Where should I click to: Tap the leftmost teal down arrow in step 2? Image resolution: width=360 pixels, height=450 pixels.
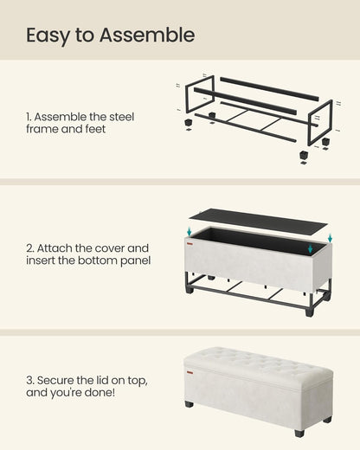[190, 231]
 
